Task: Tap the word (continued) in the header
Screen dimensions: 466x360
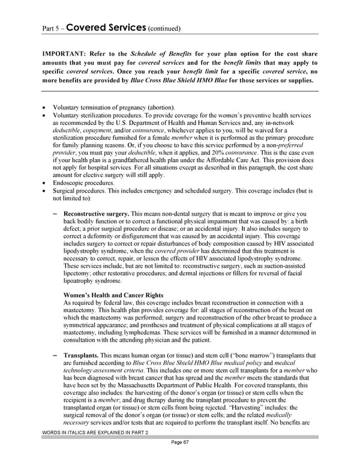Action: pyautogui.click(x=164, y=28)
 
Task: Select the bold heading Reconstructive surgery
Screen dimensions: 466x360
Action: pyautogui.click(x=96, y=214)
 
